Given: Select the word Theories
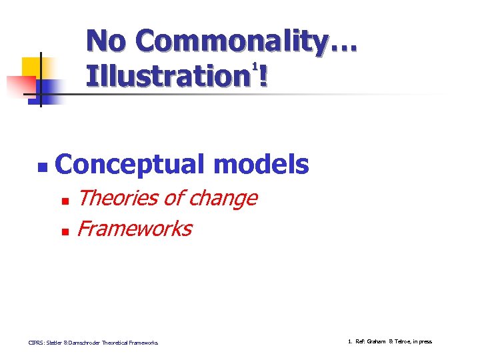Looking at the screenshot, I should pyautogui.click(x=117, y=198).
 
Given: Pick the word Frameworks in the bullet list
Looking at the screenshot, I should pyautogui.click(x=134, y=229).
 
